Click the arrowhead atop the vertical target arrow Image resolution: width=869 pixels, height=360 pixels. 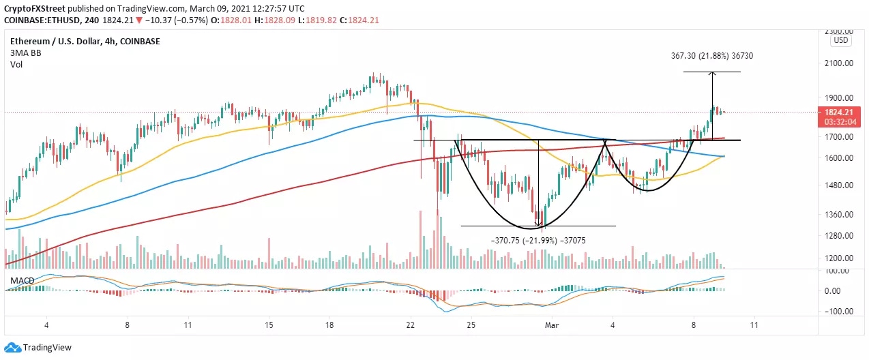click(712, 73)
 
